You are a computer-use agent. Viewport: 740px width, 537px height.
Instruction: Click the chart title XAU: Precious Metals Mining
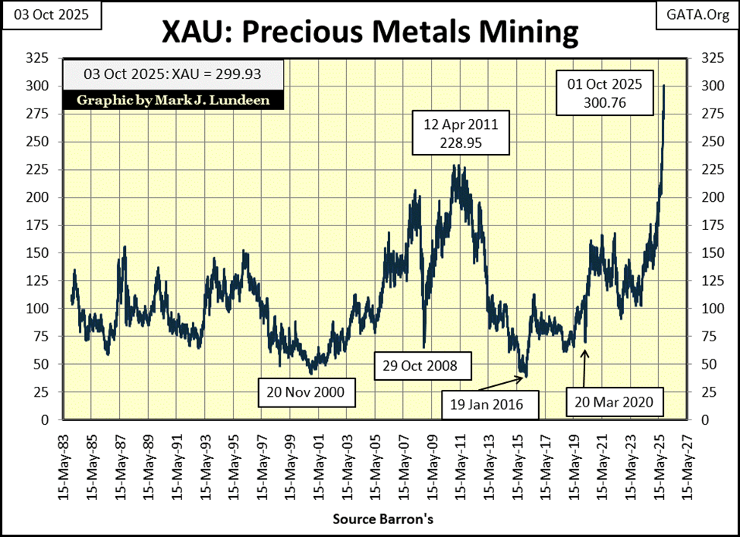(x=370, y=33)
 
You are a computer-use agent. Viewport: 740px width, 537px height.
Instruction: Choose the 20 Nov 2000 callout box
(x=304, y=392)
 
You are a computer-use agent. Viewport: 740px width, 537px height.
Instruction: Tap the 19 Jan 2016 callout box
(x=487, y=404)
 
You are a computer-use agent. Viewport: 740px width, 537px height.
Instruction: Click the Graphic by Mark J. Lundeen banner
(x=174, y=100)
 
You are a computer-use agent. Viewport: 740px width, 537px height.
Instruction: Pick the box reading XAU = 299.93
(x=174, y=75)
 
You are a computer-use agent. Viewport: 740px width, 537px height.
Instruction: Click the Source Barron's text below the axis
(x=383, y=520)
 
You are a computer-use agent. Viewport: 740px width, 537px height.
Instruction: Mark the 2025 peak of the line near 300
(x=664, y=86)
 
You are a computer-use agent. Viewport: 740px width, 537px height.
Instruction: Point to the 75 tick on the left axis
(x=40, y=336)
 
